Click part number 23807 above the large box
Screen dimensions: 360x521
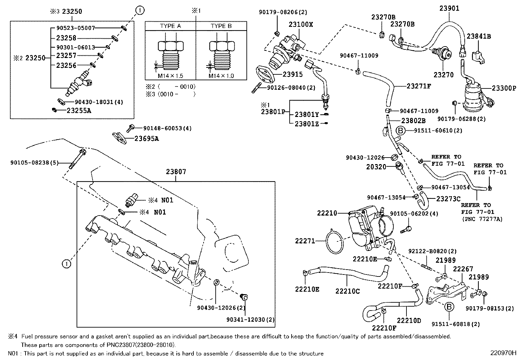[176, 172]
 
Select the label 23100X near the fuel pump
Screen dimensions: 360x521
[300, 25]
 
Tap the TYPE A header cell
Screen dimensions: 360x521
[170, 26]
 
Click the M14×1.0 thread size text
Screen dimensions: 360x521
[221, 76]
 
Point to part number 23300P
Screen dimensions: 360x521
[504, 88]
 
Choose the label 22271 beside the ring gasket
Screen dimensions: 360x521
[305, 241]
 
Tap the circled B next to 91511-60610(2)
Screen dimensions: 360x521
[401, 130]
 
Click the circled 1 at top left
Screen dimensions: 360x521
[139, 10]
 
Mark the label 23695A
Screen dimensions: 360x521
[146, 139]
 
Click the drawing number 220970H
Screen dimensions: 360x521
[503, 353]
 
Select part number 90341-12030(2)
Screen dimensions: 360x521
[250, 319]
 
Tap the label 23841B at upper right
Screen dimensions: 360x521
[478, 36]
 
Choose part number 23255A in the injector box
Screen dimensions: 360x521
[79, 110]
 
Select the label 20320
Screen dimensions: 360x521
[376, 167]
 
